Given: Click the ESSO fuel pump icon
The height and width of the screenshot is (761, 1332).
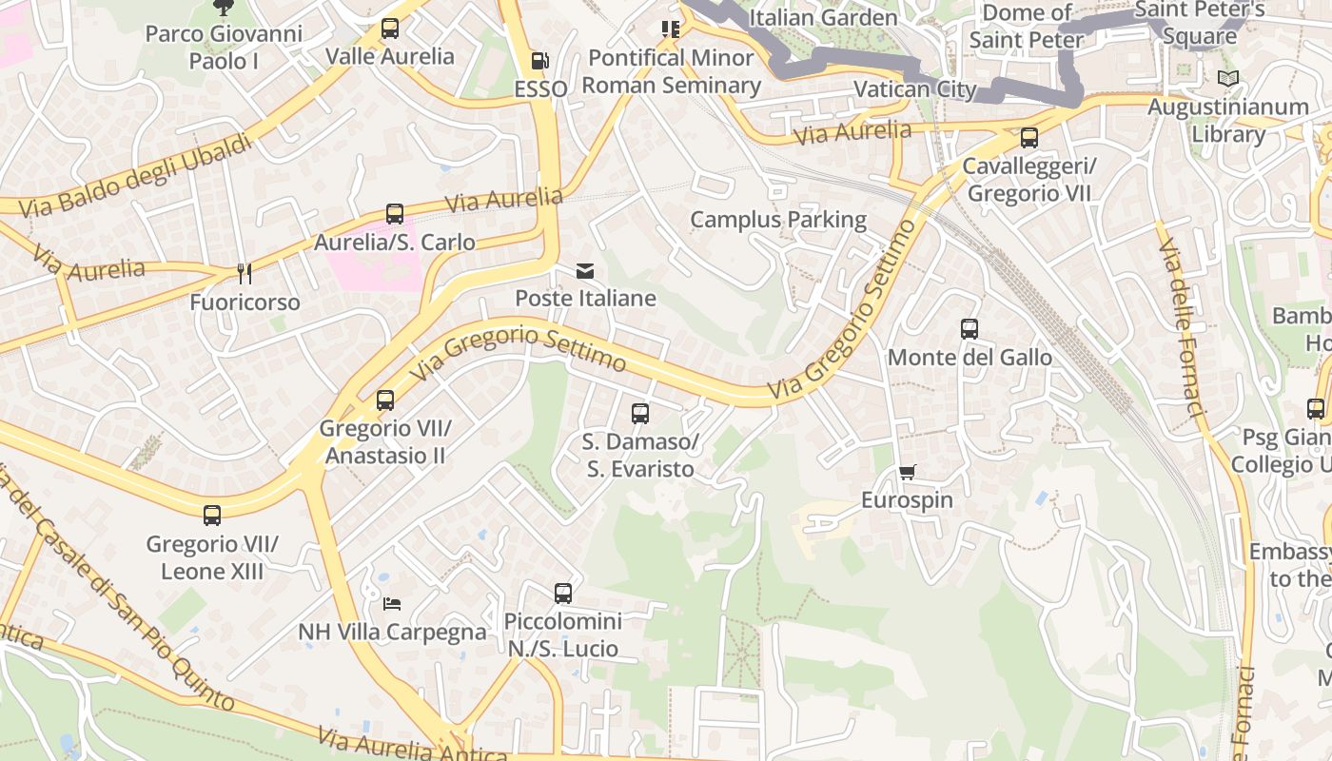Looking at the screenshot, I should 539,61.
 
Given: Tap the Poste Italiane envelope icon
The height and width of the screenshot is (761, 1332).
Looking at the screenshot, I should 585,271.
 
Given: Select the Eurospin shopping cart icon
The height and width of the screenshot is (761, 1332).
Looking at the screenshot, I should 908,472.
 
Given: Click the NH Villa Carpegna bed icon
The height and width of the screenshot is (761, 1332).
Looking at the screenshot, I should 392,603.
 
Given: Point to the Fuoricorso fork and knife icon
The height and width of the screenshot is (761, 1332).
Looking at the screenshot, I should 245,274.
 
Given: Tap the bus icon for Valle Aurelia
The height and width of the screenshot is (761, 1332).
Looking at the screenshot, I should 390,29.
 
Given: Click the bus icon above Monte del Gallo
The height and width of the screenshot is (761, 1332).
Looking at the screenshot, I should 970,329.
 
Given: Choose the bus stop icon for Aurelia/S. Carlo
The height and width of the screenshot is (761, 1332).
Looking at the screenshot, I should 395,214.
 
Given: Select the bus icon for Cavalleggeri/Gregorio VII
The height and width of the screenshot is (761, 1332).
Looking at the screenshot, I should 1029,138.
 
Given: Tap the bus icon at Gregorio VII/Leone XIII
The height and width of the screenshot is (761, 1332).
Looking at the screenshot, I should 212,516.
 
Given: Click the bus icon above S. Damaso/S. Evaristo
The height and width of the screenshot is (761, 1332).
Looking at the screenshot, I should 640,414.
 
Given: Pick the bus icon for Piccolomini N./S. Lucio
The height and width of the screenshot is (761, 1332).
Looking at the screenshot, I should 563,594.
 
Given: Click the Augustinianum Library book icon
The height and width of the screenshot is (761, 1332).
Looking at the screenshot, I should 1228,79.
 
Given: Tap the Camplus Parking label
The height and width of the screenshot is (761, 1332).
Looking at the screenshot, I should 778,220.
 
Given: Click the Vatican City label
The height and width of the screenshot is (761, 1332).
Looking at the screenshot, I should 915,89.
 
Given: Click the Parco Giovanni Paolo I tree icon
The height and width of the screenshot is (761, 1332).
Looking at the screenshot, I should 223,8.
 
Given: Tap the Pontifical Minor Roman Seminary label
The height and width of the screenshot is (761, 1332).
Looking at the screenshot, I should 671,71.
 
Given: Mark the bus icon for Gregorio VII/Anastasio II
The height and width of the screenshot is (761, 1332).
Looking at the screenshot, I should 385,400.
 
